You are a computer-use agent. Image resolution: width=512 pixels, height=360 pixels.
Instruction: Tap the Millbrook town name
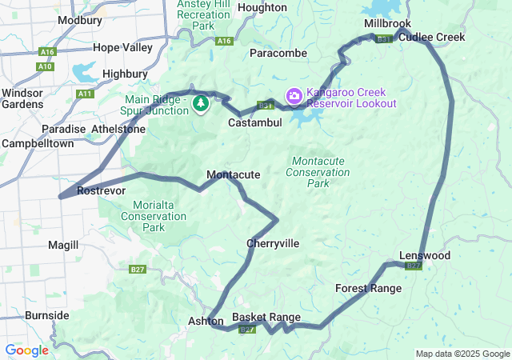387,24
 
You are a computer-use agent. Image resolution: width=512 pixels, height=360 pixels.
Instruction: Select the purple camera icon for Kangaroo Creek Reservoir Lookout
294,96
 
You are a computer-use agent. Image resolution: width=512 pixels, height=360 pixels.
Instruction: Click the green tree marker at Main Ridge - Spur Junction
201,103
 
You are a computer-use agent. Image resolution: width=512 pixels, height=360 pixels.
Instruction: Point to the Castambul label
254,123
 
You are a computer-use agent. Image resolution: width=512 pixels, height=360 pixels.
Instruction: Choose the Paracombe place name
278,53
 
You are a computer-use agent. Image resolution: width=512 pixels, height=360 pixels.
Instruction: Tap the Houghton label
262,7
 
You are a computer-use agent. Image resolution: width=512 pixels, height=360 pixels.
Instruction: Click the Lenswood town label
425,255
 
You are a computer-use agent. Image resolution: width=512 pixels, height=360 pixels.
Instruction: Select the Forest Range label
368,288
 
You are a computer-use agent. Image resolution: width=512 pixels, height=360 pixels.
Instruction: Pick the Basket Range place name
266,317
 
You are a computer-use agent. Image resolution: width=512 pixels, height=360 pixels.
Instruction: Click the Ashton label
206,321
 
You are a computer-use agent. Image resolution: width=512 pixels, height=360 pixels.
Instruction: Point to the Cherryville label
273,243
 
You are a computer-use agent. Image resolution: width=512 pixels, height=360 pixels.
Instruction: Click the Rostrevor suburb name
101,191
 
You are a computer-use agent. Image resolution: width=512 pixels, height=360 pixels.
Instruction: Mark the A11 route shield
85,94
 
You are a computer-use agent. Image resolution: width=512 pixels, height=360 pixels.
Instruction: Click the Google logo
26,350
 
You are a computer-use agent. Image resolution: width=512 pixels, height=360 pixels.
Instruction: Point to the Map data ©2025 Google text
462,354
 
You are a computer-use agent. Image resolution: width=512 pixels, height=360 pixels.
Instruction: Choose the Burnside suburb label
46,315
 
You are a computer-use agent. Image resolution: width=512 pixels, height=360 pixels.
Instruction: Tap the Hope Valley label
122,48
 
